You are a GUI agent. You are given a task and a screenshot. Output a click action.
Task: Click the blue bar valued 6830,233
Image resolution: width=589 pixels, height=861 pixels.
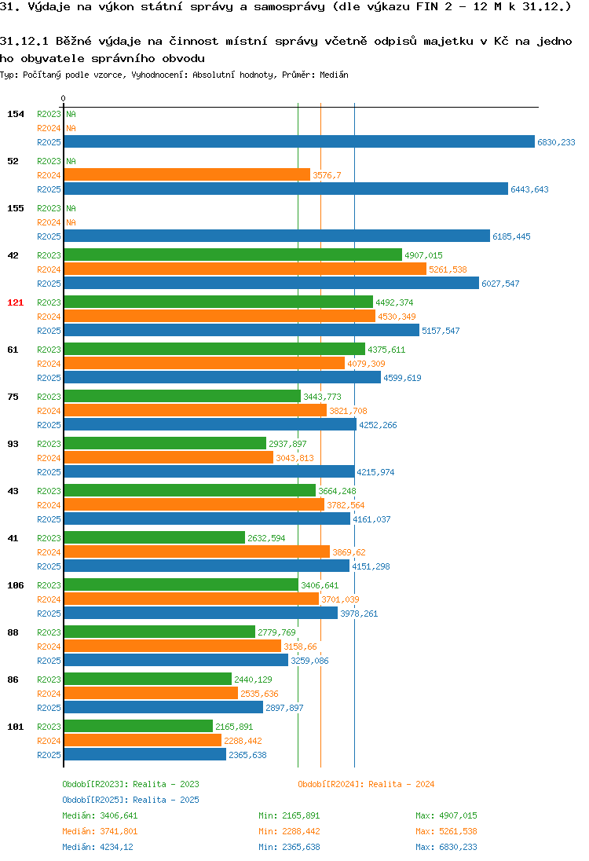pos(299,141)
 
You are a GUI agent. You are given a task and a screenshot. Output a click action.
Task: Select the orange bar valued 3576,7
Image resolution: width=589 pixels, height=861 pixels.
pos(187,174)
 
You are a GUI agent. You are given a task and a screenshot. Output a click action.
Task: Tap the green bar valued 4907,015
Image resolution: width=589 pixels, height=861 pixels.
pos(233,255)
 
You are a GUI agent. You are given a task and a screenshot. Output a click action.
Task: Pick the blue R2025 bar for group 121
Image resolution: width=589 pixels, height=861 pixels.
pos(242,330)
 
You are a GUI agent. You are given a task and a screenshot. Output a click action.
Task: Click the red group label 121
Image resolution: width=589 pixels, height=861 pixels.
pos(16,302)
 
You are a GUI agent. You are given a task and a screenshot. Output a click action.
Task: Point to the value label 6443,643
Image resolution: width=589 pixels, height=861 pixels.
pos(530,189)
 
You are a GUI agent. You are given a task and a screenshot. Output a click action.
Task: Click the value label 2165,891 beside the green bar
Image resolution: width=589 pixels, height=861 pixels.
pos(234,727)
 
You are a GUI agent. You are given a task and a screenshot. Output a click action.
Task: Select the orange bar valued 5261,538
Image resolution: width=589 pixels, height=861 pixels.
pos(245,269)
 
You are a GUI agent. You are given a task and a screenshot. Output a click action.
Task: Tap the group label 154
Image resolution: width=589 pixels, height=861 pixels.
pos(16,114)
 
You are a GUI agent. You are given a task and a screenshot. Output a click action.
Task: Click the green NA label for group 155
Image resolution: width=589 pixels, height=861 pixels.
pos(71,208)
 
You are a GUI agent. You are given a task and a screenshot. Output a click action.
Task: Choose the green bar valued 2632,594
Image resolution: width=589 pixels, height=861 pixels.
pos(154,537)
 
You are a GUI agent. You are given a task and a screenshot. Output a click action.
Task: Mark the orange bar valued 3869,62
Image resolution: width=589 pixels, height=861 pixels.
pos(197,551)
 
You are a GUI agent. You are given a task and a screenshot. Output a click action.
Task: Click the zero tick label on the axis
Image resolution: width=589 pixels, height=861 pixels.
pos(63,98)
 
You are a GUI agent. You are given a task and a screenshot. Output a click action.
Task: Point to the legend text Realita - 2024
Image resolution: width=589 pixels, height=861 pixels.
pos(401,784)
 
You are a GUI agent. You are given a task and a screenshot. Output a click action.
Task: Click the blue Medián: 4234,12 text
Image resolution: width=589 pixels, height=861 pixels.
pos(97,847)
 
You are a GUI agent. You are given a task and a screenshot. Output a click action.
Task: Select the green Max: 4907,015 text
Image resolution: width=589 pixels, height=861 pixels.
pos(446,815)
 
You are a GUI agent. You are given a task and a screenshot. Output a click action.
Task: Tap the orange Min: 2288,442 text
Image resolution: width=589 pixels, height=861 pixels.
pos(289,831)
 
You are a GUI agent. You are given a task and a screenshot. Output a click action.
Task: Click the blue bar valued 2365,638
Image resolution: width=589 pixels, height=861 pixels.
pos(145,754)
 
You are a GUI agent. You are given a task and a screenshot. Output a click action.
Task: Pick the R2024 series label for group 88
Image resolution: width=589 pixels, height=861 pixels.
pos(49,647)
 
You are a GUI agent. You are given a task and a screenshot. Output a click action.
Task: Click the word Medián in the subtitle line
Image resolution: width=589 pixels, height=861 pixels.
pos(334,75)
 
